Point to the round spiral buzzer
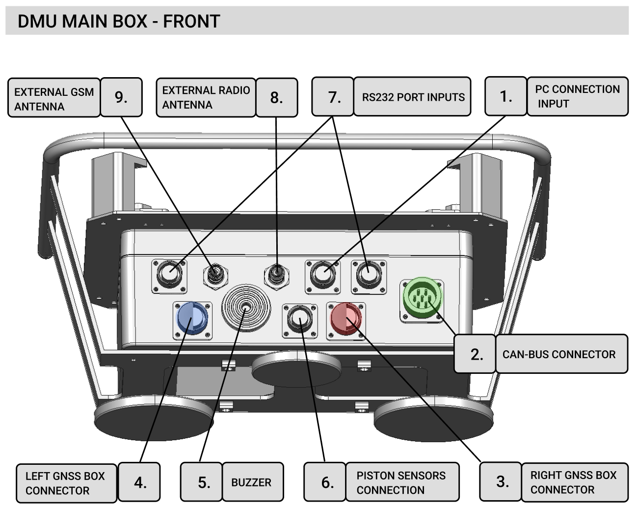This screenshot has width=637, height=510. click(x=245, y=308)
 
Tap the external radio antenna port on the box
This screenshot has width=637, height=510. click(x=277, y=273)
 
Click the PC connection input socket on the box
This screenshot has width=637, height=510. click(x=322, y=275)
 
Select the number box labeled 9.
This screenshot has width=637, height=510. click(x=121, y=97)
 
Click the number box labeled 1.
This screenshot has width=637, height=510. click(x=505, y=96)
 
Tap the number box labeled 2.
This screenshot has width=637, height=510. click(x=475, y=354)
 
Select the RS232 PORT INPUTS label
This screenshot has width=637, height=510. click(x=412, y=97)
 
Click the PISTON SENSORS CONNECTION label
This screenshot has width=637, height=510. click(x=401, y=482)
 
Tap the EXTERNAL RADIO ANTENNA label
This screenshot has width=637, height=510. click(x=206, y=97)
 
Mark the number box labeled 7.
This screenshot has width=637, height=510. click(x=333, y=97)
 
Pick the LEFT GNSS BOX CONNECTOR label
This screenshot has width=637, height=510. click(x=66, y=482)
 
